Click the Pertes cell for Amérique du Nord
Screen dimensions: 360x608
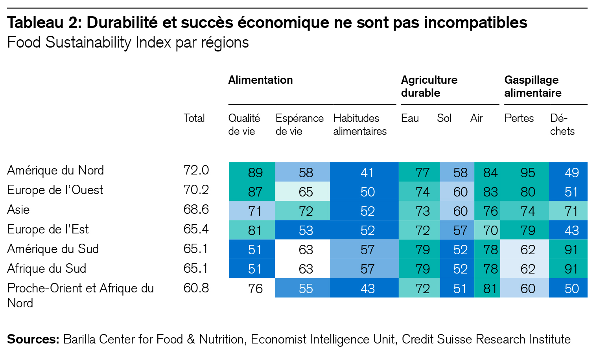click(527, 173)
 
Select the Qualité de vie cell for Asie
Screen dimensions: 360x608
click(255, 211)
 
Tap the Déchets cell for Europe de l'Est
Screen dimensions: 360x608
click(571, 230)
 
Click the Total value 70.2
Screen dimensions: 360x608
click(196, 190)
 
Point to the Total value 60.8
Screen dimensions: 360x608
click(196, 288)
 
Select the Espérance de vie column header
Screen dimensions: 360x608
click(299, 125)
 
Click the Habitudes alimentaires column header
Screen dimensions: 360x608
click(360, 125)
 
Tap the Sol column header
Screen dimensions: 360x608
click(444, 118)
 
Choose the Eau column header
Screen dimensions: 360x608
click(410, 118)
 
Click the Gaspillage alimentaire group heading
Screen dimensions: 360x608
click(533, 86)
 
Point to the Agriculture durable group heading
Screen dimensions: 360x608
click(429, 86)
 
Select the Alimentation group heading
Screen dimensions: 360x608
click(260, 80)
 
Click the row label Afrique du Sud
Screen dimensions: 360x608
click(46, 268)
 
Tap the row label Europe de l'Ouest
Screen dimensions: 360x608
click(55, 190)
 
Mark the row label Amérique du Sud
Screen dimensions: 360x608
click(53, 249)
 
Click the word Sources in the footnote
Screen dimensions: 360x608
click(33, 339)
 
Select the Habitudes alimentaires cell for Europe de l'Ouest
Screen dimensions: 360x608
click(367, 192)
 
